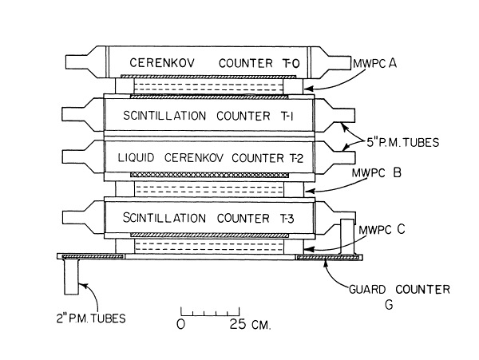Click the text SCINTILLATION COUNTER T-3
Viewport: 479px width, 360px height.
210,217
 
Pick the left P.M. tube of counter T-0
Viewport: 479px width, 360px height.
85,60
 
